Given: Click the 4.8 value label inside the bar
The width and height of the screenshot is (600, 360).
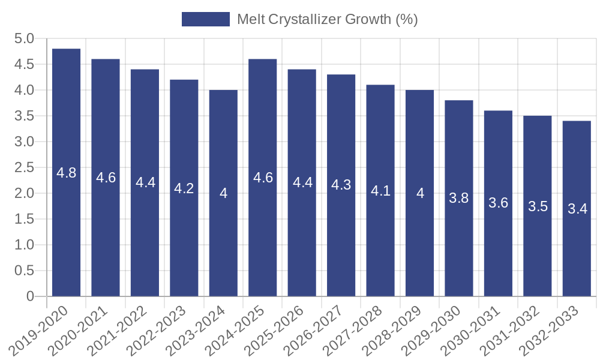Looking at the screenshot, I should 66,173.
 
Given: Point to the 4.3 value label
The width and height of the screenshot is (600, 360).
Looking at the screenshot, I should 341,185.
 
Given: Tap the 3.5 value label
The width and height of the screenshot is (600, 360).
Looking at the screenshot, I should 538,206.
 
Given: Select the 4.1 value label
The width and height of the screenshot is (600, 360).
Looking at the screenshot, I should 380,191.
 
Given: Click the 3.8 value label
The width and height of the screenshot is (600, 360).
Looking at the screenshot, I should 459,199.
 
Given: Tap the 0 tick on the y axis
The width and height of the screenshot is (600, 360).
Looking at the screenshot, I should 31,296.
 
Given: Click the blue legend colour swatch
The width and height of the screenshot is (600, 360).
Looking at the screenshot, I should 206,19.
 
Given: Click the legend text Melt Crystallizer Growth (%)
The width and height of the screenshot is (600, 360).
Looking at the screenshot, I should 327,19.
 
